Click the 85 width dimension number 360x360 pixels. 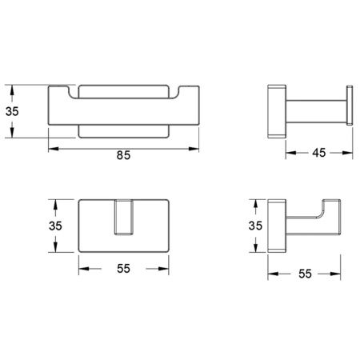(123, 155)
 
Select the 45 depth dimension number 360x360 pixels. (319, 153)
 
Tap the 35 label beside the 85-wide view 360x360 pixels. (12, 111)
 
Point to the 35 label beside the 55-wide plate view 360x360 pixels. (55, 226)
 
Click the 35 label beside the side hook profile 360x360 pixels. (255, 226)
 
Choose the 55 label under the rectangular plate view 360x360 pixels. (123, 269)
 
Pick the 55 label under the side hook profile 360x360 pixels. (305, 274)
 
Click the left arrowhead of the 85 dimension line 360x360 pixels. (54, 149)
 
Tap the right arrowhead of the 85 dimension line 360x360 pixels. (194, 149)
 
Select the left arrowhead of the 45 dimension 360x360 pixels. (291, 153)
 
